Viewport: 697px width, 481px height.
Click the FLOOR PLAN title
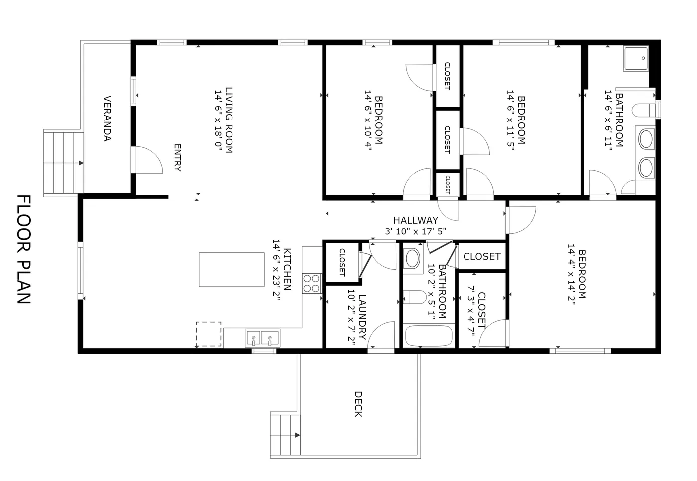(x=24, y=249)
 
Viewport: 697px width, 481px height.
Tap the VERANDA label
(x=107, y=119)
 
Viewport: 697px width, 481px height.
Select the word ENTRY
(x=177, y=158)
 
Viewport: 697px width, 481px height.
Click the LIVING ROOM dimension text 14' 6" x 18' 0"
(x=219, y=120)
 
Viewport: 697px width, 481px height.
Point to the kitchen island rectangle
(x=232, y=270)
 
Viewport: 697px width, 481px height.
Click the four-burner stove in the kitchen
(x=312, y=283)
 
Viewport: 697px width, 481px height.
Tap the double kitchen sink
(x=263, y=338)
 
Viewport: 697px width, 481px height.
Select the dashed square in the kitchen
(x=209, y=334)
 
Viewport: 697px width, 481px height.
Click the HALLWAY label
(x=416, y=220)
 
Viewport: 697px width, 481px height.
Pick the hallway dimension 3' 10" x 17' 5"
(x=416, y=231)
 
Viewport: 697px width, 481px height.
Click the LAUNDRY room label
(x=362, y=317)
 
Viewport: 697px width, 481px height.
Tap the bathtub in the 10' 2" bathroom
(x=429, y=336)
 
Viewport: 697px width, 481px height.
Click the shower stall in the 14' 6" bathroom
(x=636, y=59)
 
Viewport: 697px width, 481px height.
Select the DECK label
(x=358, y=404)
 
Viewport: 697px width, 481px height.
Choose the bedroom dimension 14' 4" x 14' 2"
(x=572, y=274)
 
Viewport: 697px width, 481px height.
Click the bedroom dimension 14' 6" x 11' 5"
(x=511, y=120)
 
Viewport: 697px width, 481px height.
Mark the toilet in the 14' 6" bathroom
(x=644, y=111)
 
